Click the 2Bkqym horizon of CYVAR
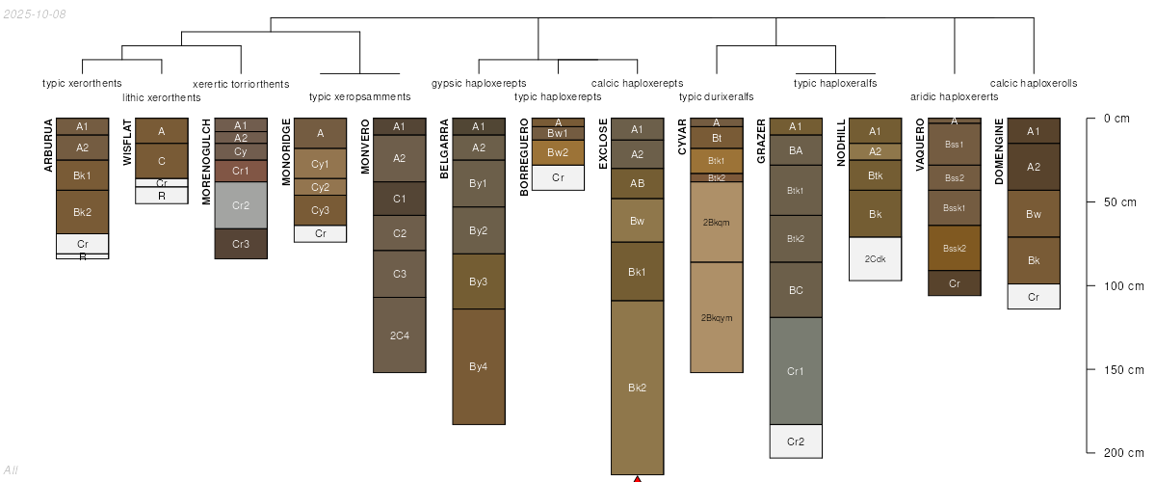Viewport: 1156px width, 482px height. [x=717, y=317]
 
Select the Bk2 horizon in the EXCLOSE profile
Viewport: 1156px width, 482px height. [x=637, y=388]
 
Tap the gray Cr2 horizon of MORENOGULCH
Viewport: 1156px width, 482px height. [x=241, y=204]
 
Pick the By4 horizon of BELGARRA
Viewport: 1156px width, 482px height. [x=479, y=366]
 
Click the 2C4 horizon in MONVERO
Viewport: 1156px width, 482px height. [x=399, y=335]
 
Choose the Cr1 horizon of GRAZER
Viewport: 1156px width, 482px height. [x=796, y=371]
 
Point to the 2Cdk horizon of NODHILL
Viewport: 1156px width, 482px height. [x=875, y=258]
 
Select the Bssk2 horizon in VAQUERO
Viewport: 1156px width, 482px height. [x=955, y=248]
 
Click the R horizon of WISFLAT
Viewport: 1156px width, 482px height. [x=162, y=196]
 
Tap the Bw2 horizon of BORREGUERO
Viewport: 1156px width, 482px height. [x=558, y=152]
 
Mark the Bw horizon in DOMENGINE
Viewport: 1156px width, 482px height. [x=1034, y=214]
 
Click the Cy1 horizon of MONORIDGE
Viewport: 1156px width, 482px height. [x=321, y=164]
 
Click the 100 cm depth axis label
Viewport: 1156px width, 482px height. [x=1123, y=286]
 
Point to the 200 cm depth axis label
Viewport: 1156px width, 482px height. [x=1123, y=453]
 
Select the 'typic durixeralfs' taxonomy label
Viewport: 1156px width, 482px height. [x=716, y=96]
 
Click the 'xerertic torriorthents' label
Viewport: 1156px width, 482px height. [x=241, y=83]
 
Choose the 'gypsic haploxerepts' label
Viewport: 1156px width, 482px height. [x=479, y=83]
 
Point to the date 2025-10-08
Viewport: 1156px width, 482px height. [x=35, y=13]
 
